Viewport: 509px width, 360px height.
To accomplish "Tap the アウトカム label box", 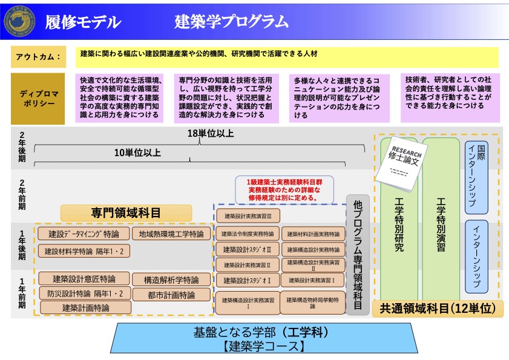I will (38, 57).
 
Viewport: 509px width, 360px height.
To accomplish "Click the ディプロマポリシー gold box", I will (38, 99).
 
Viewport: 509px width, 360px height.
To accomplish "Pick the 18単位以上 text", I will (202, 134).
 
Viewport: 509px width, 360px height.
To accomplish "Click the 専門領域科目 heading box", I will (126, 212).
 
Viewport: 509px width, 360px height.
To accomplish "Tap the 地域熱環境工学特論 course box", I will (171, 234).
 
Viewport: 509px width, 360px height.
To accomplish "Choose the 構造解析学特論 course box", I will (171, 280).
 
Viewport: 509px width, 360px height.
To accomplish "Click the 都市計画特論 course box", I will (171, 295).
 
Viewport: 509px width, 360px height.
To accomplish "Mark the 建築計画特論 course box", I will (85, 308).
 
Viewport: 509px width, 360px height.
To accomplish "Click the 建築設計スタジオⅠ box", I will (247, 281).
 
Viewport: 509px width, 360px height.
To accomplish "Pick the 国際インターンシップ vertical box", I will (476, 176).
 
